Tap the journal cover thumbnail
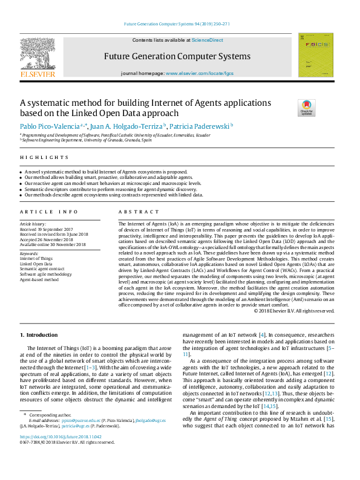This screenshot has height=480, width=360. [315, 55]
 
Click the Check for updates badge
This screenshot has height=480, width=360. [307, 107]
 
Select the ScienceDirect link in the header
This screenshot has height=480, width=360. [207, 40]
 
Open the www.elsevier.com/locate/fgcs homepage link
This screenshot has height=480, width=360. [199, 73]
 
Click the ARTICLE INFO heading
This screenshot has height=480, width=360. [48, 212]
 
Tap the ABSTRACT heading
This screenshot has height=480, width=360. [134, 212]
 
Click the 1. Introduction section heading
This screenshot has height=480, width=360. [39, 334]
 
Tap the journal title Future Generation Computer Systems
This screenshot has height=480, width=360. [177, 56]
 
